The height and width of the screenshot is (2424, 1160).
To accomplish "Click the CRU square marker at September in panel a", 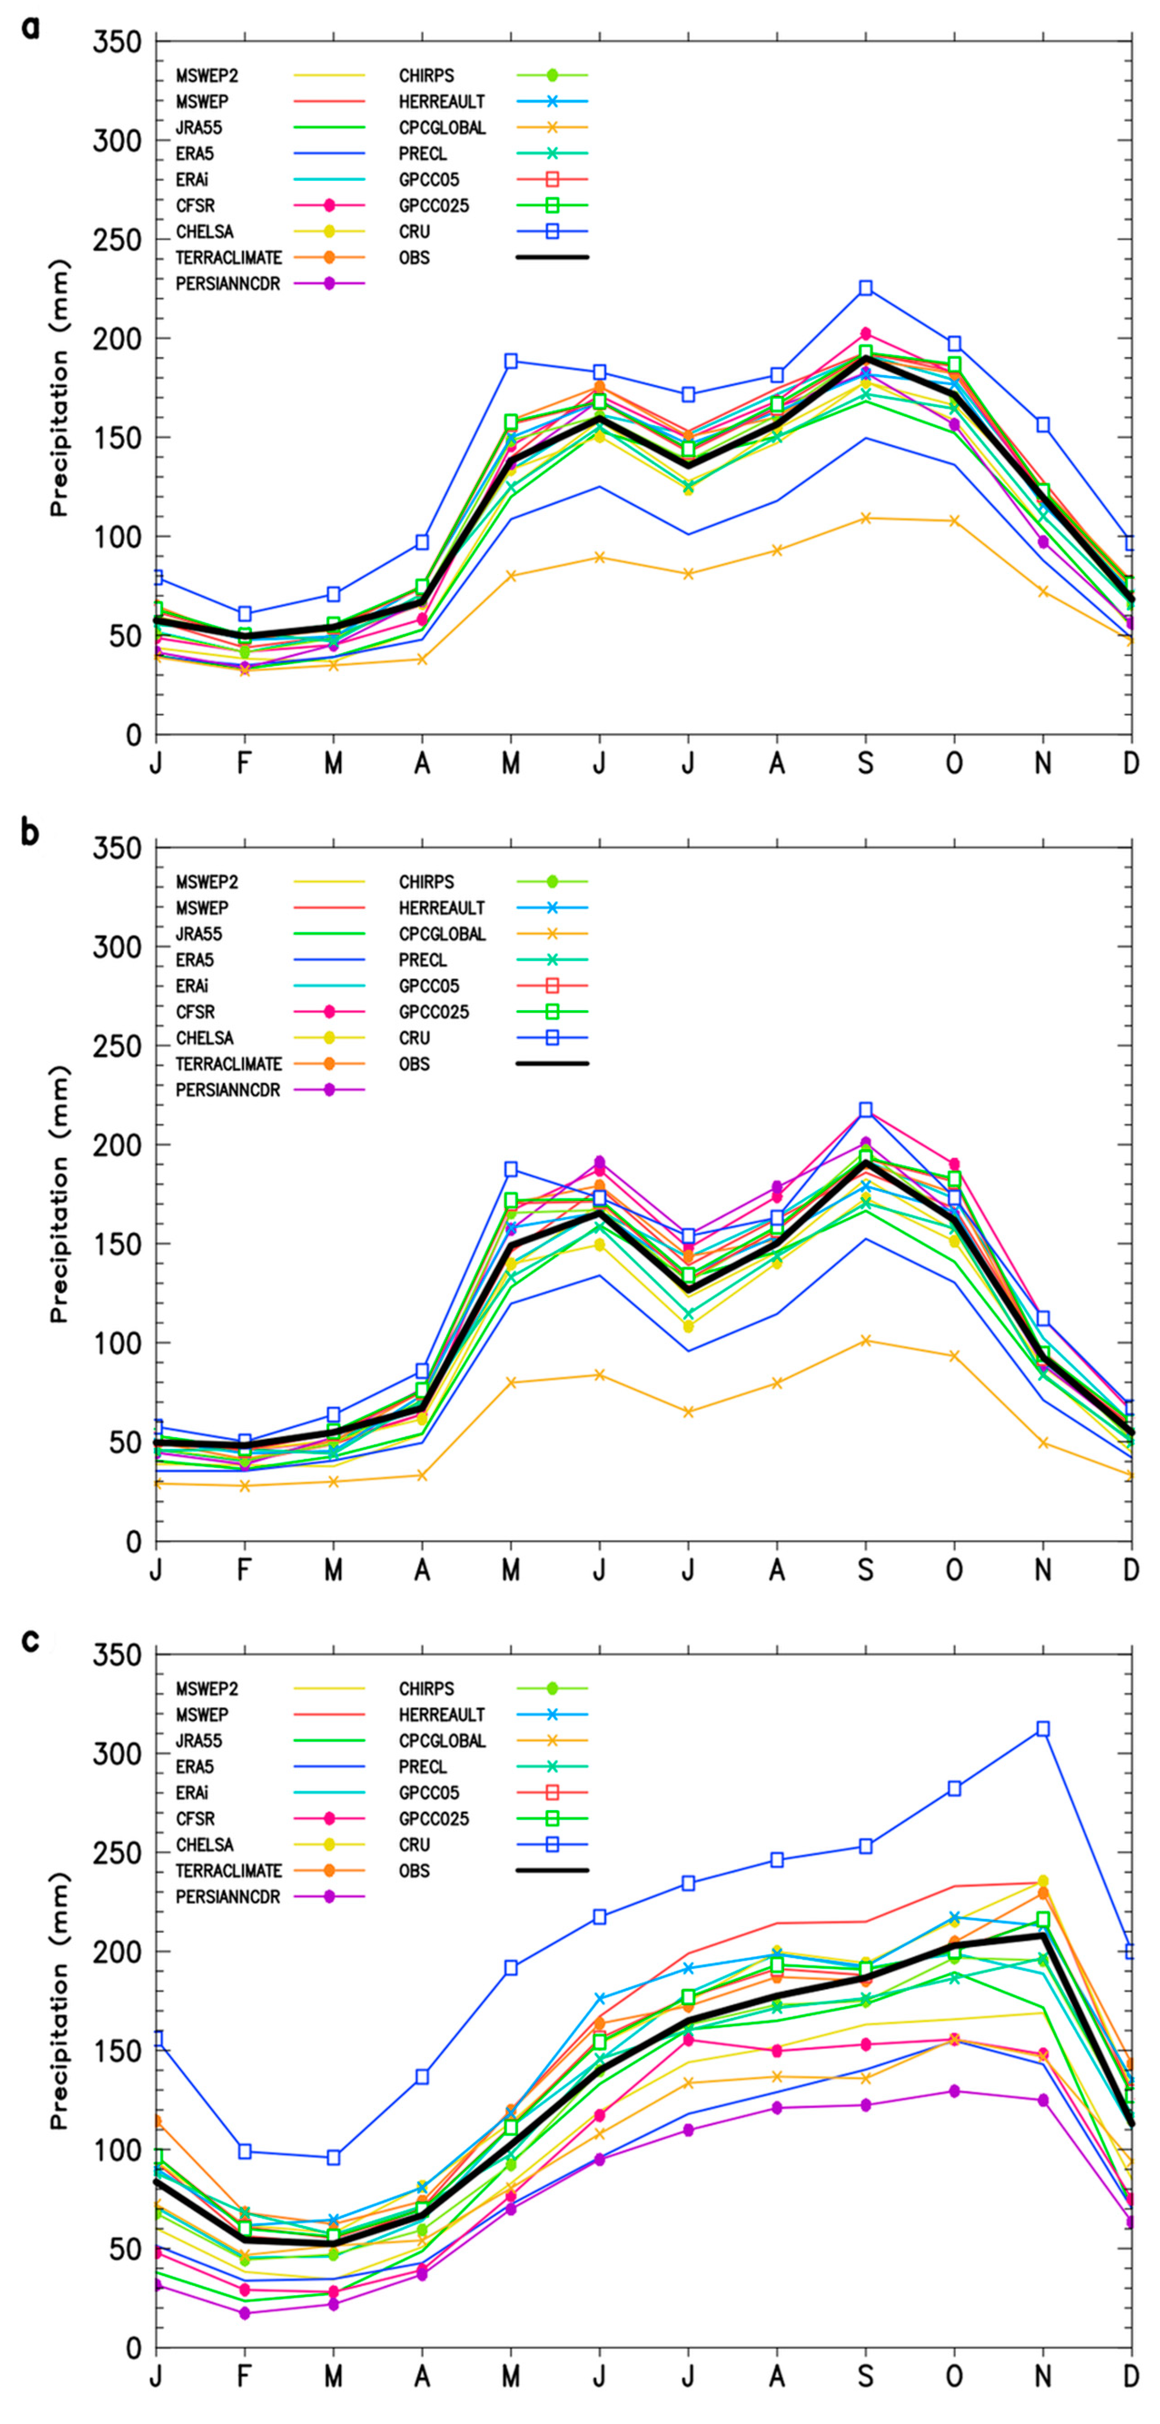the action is (865, 288).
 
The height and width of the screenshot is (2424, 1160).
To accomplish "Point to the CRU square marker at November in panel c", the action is (1042, 1729).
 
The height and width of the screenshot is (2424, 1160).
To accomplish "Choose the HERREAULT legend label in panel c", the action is (441, 1715).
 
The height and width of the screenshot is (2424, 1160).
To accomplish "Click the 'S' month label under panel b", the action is (865, 1570).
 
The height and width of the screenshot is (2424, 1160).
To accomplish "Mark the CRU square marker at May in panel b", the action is (511, 1169).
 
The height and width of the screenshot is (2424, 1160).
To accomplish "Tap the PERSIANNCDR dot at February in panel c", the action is (245, 2313).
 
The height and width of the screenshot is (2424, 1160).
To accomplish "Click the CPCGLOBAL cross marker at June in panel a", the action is (599, 557).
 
